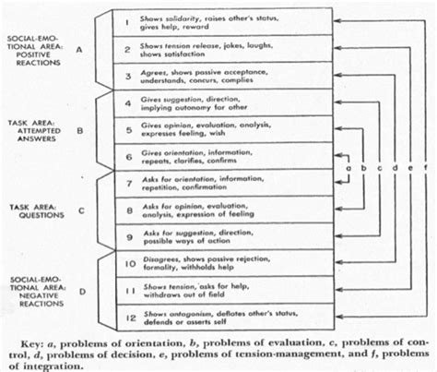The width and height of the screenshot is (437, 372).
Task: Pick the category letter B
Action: pyautogui.click(x=79, y=131)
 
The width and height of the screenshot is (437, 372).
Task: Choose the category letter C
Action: pyautogui.click(x=79, y=210)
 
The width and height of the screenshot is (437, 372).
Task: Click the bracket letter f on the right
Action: pyautogui.click(x=425, y=169)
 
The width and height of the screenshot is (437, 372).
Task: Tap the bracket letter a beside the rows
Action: pyautogui.click(x=349, y=169)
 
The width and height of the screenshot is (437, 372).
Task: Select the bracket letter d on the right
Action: pyautogui.click(x=395, y=169)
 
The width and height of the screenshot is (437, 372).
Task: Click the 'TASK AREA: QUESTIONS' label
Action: pyautogui.click(x=34, y=210)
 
